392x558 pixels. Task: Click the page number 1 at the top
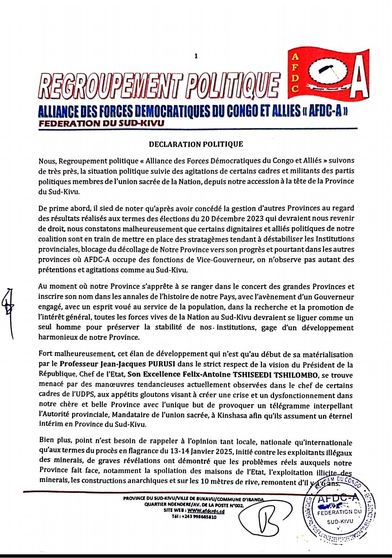pos(196,56)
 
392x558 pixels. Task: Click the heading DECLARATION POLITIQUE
pos(196,144)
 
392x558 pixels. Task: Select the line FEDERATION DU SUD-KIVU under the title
pos(101,123)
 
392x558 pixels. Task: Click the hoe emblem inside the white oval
pos(328,73)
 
